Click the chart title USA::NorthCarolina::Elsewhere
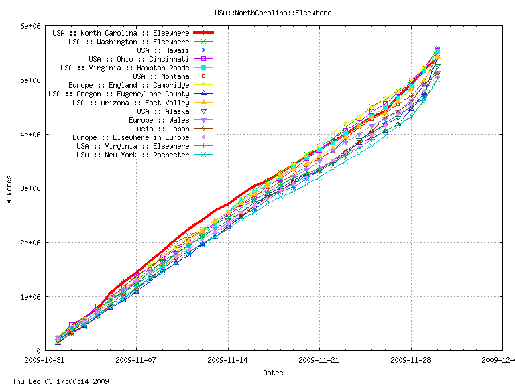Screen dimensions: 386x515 [x=272, y=12]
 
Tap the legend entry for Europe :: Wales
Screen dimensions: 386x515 [x=159, y=120]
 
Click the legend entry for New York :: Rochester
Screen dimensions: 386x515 [x=133, y=155]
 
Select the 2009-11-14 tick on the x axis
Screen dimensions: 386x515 [x=228, y=360]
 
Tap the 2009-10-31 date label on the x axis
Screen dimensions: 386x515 [x=44, y=360]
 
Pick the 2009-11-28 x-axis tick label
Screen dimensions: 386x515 [x=411, y=360]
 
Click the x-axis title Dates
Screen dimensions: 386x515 [x=272, y=373]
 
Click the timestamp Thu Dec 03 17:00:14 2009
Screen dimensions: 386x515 [x=56, y=381]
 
